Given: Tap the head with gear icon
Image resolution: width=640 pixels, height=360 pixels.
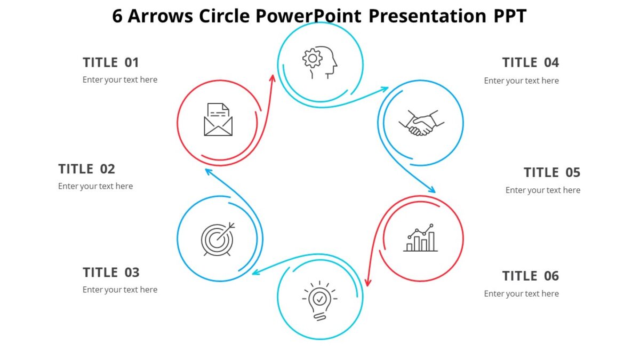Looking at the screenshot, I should coord(320,63).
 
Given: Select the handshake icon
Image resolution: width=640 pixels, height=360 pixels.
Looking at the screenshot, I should coord(421,123).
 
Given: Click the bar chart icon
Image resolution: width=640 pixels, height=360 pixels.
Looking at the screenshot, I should coord(420,238).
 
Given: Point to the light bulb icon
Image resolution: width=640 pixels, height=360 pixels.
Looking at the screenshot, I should coord(319,300).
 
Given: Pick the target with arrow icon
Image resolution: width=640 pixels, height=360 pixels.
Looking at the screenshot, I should coord(218,239).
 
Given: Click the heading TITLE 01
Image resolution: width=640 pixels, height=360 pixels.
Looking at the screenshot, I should coord(111,62).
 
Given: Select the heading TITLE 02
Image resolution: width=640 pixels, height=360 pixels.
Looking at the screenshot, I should coord(86,169).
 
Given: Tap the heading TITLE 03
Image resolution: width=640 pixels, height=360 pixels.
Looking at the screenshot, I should coord(111,273).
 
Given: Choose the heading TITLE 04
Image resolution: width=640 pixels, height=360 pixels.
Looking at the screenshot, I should coord(531,62).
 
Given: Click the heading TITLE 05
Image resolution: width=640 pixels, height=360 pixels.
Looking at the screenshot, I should coord(552,172).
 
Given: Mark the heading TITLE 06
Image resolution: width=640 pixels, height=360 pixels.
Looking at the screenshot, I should coord(531,276).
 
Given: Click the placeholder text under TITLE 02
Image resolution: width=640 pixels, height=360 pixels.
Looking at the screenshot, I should coord(95,186).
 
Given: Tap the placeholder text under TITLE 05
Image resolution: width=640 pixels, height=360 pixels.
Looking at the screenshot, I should coord(543,190).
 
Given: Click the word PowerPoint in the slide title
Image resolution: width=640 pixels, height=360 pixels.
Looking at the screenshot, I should coord(308,16).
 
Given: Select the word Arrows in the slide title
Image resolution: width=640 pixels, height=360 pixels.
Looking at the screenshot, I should coord(161,16).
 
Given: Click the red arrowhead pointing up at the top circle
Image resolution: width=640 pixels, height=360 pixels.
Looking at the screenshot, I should coord(273,78).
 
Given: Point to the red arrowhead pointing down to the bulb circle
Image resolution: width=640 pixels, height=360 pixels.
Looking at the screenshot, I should coord(367,282).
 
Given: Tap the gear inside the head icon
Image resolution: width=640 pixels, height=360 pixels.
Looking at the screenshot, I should coord(313,58).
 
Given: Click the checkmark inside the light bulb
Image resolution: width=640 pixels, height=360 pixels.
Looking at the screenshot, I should coord(319,298).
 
